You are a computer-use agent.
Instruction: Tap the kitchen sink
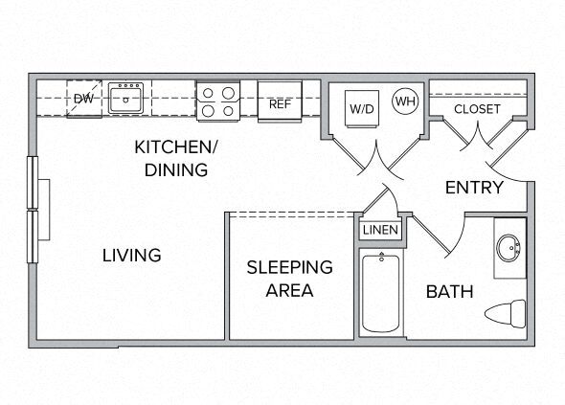coord(125,98)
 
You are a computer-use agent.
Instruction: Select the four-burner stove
coord(217,101)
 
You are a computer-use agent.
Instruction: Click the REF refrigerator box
coord(279,103)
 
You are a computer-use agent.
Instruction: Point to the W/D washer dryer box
coord(361,108)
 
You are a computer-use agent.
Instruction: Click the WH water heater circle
coord(405,101)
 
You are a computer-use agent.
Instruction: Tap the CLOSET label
coord(476,108)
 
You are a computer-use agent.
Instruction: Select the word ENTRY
coord(474,188)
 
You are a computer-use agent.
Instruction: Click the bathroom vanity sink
coord(509,247)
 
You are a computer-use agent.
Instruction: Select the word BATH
coord(449,291)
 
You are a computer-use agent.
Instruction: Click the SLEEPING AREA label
coord(289,278)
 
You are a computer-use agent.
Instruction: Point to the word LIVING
coord(132,256)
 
